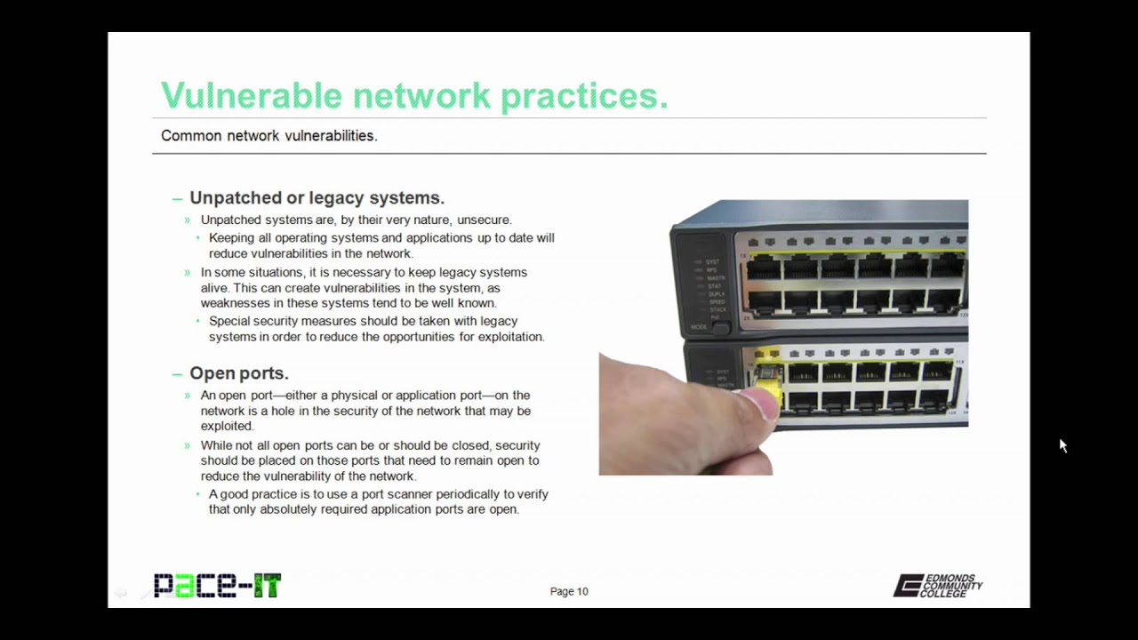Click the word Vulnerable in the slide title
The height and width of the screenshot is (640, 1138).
tap(252, 95)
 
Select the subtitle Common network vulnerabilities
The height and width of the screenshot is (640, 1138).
tap(269, 136)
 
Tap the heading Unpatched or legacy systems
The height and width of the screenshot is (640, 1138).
tap(317, 197)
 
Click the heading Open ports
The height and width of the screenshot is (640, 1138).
tap(239, 373)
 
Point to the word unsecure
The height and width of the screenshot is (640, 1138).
tap(485, 220)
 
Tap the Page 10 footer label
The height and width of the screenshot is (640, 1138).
tap(569, 591)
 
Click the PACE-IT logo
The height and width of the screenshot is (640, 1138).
tap(218, 585)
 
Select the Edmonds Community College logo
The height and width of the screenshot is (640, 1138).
tap(938, 586)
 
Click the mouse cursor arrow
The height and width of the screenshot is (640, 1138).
tap(1062, 445)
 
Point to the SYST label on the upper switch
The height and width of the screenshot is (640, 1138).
tap(712, 262)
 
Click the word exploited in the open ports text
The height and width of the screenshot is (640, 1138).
tap(227, 426)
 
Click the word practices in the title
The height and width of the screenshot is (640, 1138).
tap(584, 97)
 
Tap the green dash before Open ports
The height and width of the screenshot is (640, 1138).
tap(177, 375)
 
